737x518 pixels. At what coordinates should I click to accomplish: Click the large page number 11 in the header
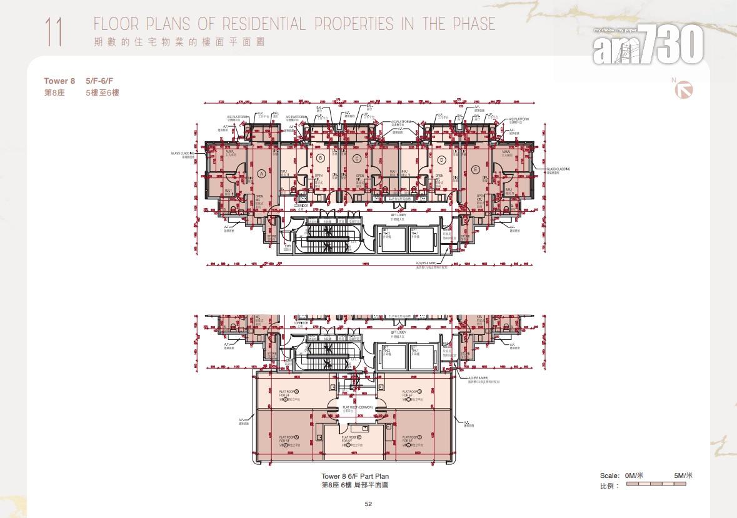[x=54, y=32]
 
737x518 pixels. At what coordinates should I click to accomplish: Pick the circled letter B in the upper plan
[x=320, y=158]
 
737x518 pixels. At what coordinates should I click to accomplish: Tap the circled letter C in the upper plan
[x=356, y=158]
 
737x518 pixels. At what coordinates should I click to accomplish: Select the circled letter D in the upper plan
[x=441, y=159]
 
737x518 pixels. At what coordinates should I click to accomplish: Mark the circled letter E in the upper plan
[x=476, y=169]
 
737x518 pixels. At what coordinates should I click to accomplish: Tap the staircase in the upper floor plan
[x=329, y=237]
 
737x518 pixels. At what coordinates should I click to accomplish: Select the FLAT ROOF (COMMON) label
[x=357, y=407]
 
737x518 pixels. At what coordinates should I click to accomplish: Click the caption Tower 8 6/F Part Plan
[x=354, y=477]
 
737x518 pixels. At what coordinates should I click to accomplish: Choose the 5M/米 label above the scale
[x=683, y=476]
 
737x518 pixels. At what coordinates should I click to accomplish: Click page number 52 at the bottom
[x=368, y=504]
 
